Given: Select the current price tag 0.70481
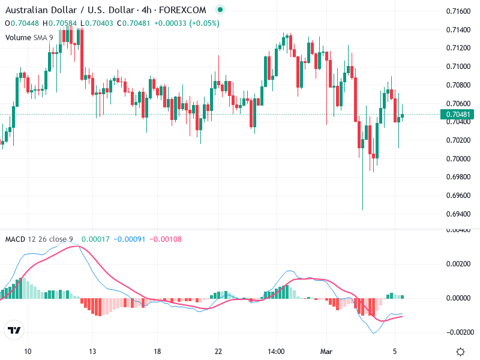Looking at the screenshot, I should [x=457, y=115].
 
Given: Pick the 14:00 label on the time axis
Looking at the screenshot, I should [x=275, y=352].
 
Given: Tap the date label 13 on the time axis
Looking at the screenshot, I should [x=92, y=352].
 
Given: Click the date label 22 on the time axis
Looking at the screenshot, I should [x=218, y=352].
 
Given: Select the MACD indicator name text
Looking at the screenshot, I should [x=15, y=239].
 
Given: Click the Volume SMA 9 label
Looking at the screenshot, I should [x=29, y=37].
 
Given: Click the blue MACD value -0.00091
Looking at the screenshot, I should [x=130, y=239].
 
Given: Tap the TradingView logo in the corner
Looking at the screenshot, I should [x=14, y=331].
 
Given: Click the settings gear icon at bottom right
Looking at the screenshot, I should [x=460, y=352].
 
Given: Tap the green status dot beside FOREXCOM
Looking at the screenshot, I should [x=220, y=10].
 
